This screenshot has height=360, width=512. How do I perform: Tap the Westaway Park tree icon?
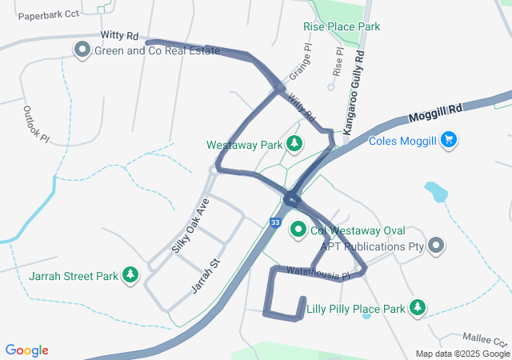(294, 145)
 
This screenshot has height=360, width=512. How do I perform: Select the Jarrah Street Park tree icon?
(130, 276)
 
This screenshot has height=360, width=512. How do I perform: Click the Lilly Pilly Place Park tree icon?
(417, 308)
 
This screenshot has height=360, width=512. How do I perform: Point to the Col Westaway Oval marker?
(298, 230)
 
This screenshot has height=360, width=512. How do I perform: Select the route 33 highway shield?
(275, 222)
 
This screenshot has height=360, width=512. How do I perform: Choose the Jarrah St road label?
(206, 274)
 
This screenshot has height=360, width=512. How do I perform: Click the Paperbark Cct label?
(49, 15)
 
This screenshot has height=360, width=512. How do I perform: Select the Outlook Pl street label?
(36, 124)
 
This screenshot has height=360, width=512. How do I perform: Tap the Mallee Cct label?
(485, 338)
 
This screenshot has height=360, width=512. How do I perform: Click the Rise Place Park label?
(342, 26)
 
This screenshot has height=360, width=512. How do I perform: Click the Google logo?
(26, 350)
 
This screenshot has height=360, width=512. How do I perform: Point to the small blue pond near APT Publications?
(436, 192)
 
